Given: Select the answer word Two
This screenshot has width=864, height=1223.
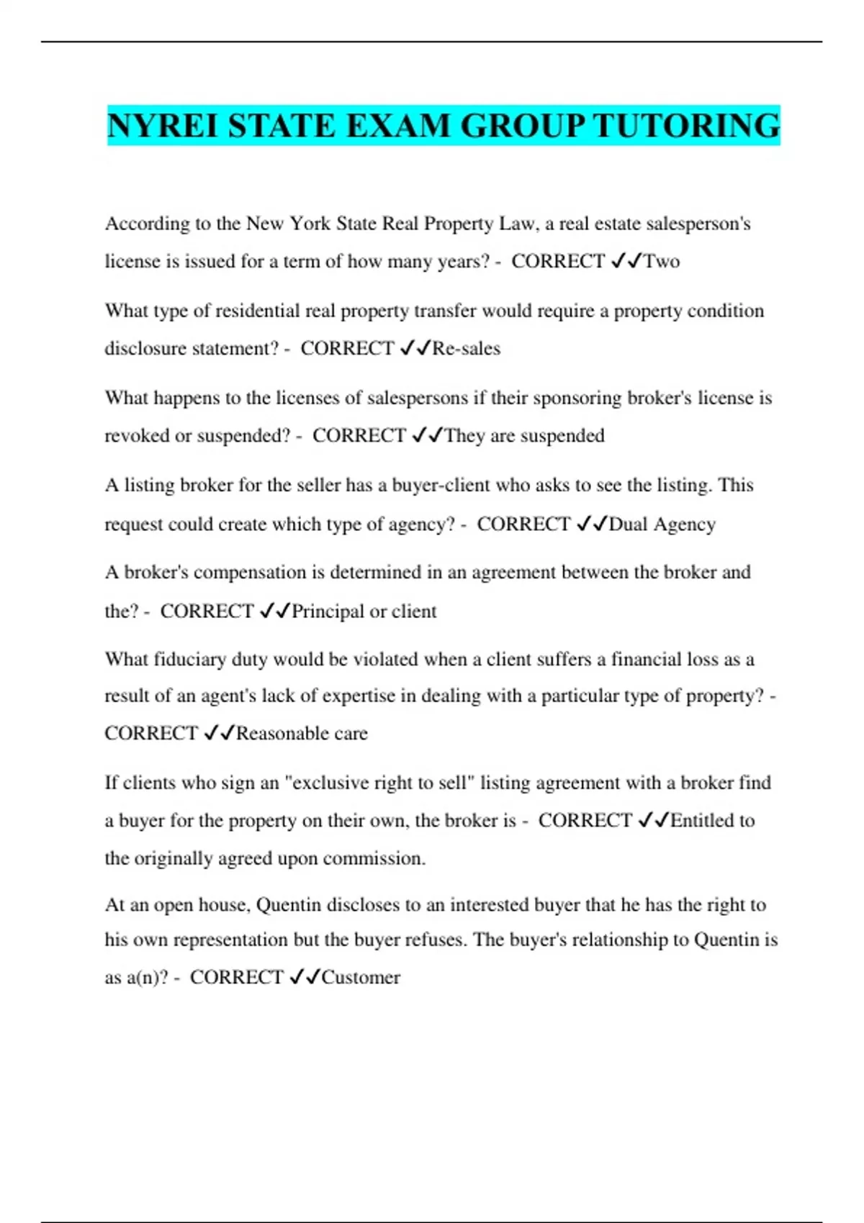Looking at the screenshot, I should [x=662, y=261].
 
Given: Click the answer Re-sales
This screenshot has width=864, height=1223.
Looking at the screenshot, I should [x=466, y=349].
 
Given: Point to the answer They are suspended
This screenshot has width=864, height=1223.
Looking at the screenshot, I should [x=524, y=436].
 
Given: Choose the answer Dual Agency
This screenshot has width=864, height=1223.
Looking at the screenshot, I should [x=662, y=524].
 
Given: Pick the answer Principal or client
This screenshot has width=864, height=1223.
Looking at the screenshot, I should [x=364, y=611].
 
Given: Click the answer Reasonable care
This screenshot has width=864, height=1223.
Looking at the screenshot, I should [x=302, y=734].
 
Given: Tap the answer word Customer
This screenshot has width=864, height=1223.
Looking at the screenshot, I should [x=361, y=978].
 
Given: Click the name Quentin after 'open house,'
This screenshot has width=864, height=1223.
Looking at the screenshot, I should [x=288, y=905].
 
